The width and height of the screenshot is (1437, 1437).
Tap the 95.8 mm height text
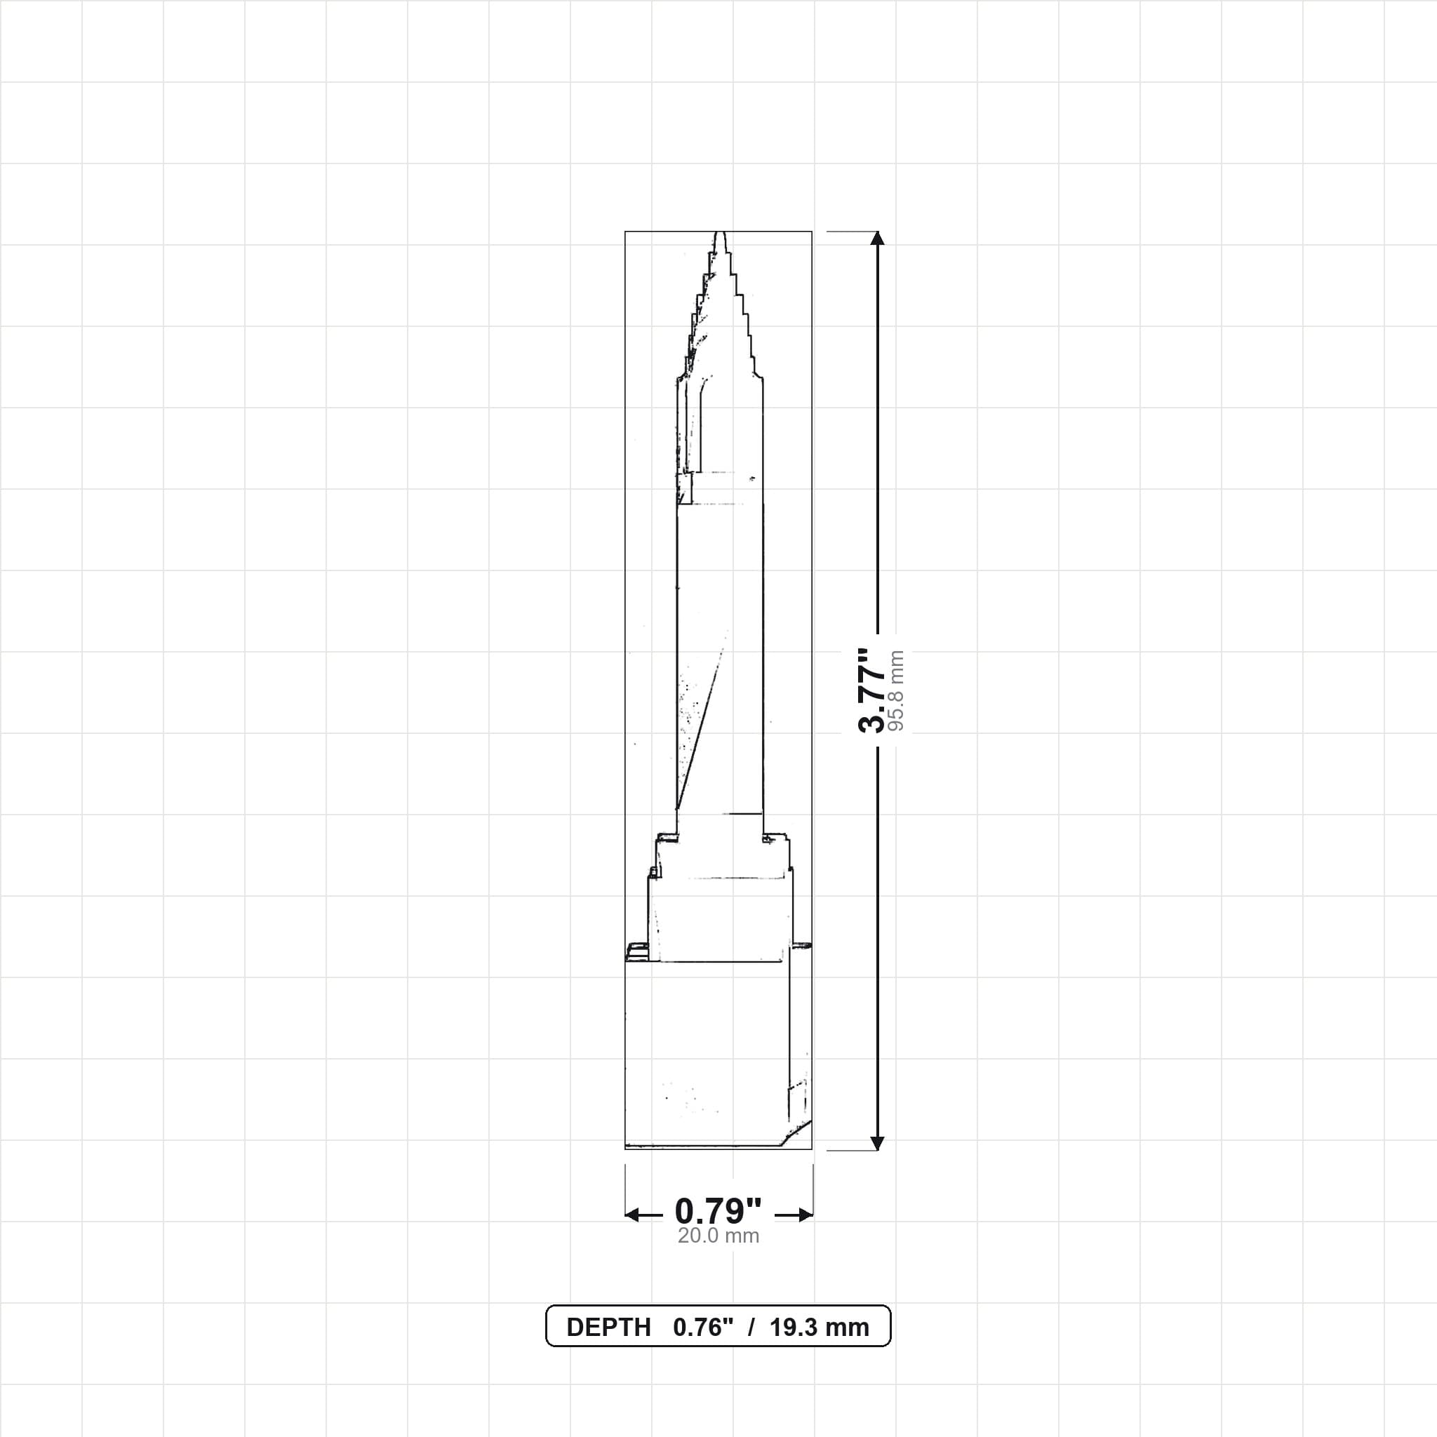click(896, 691)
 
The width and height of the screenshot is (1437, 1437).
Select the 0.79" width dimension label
click(718, 1212)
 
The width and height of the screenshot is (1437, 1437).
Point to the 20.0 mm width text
click(718, 1236)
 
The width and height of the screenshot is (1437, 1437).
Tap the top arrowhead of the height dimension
click(878, 238)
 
